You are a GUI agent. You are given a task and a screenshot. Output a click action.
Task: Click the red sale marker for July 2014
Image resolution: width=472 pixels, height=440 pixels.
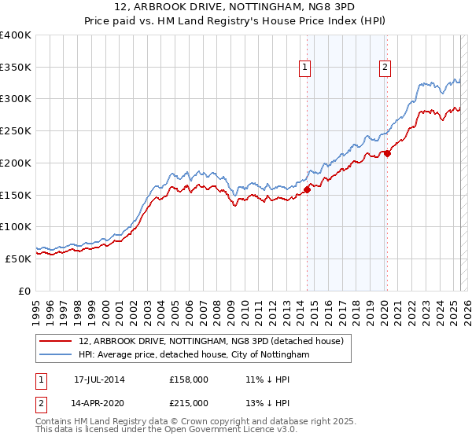(308, 189)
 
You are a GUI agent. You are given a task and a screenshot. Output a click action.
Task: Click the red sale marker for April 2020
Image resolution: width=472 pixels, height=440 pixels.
(388, 153)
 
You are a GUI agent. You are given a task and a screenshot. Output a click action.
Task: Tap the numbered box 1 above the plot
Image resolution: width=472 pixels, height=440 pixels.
(304, 68)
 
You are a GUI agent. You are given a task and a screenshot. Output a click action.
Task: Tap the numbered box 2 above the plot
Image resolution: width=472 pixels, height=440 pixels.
(385, 68)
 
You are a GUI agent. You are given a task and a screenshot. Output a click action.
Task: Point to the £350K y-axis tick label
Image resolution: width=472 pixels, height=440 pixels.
(15, 68)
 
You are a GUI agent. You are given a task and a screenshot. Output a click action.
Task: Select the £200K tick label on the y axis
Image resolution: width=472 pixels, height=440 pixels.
(15, 163)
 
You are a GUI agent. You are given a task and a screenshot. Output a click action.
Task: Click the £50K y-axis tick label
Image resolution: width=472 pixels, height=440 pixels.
(18, 258)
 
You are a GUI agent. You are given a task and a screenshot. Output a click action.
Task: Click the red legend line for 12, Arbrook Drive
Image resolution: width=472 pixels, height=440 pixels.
(57, 342)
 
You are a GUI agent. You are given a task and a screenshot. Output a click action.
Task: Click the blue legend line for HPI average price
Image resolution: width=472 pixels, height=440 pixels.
(57, 355)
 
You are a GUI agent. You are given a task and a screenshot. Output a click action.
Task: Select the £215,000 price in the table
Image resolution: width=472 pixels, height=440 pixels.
(189, 403)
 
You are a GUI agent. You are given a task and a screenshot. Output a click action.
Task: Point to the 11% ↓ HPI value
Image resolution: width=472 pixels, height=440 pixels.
(264, 379)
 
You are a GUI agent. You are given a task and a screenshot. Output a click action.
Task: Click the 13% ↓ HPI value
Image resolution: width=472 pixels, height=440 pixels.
(264, 403)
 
